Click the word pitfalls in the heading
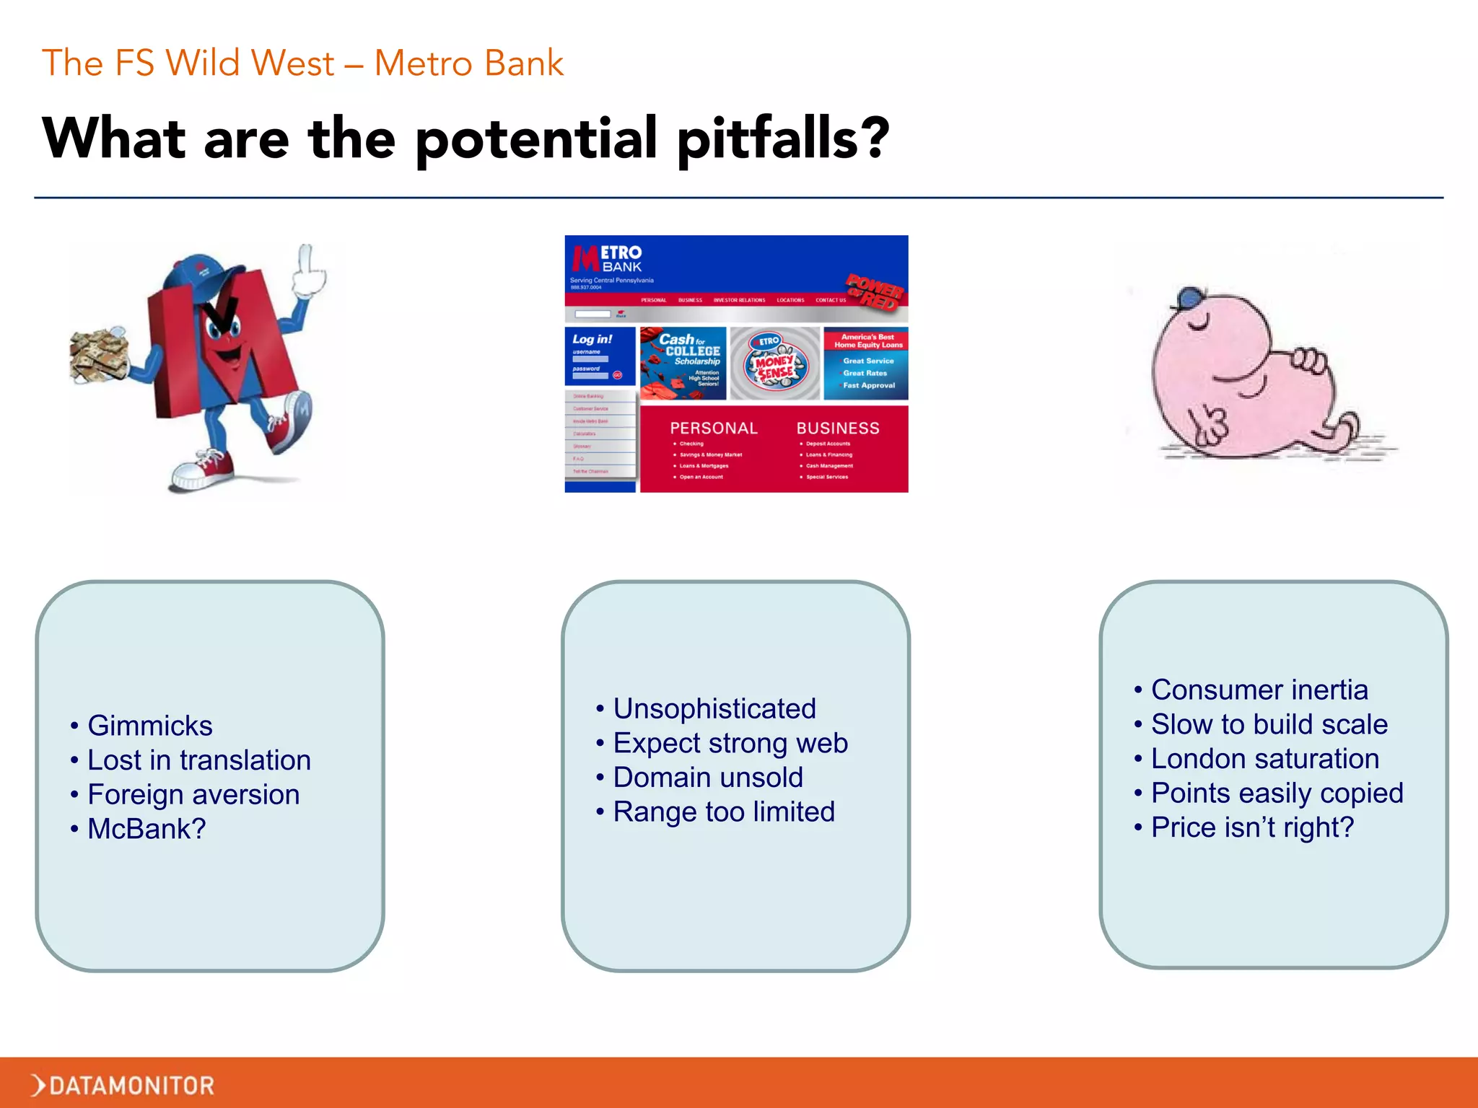click(x=782, y=138)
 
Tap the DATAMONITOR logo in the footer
click(x=123, y=1085)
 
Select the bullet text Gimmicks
click(x=149, y=726)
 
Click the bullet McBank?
click(x=147, y=829)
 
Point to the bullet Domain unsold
click(x=707, y=778)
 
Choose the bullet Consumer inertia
click(x=1259, y=690)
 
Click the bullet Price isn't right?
click(x=1252, y=827)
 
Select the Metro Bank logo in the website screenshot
click(x=607, y=259)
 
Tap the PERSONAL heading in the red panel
click(x=713, y=428)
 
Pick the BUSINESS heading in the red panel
click(x=837, y=428)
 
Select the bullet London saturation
click(x=1264, y=759)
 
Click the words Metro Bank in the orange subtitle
click(x=468, y=63)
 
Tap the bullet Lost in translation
click(x=198, y=760)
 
